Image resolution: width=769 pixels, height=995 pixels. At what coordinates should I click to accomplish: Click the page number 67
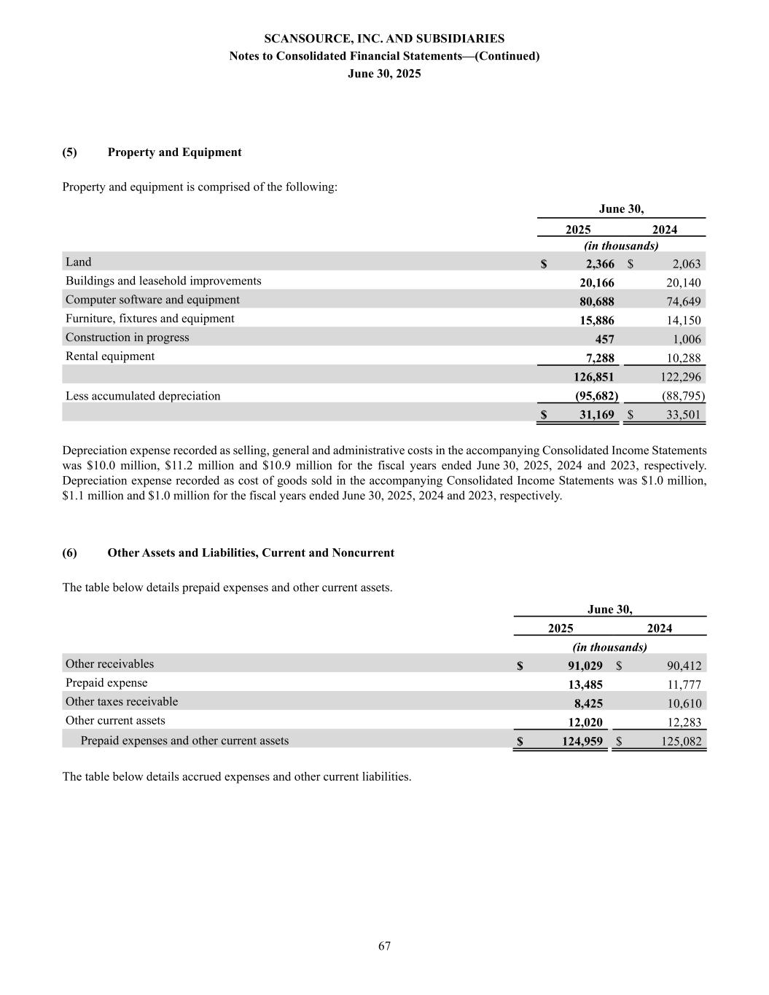coord(384,946)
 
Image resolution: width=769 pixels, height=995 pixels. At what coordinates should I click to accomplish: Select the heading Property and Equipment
coord(174,152)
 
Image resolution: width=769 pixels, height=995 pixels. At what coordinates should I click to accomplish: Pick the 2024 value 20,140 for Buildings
coord(683,283)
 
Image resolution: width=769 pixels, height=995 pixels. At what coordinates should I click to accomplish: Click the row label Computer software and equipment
coord(152,300)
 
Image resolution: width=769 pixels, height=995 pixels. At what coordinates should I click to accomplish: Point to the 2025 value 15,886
coord(596,321)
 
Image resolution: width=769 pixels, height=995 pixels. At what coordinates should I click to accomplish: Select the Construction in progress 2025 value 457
coord(604,340)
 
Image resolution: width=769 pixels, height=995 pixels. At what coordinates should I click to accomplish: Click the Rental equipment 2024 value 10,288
coord(683,359)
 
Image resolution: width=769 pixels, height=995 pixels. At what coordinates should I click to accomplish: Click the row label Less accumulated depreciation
coord(143,396)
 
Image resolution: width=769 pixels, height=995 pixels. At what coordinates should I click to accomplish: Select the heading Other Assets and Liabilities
coord(251,553)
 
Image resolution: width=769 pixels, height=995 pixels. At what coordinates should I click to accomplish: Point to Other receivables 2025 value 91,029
coord(585,666)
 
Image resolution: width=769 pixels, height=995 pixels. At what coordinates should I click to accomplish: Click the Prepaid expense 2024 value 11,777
coord(684,684)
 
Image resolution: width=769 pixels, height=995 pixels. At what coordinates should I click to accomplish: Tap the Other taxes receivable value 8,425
coord(588,703)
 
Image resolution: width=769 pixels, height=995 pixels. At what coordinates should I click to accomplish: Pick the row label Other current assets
coord(115,720)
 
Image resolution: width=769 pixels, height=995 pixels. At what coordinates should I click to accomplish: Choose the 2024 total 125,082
coord(678,742)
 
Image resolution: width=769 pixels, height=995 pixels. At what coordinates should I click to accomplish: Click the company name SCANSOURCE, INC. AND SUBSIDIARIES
coord(384,39)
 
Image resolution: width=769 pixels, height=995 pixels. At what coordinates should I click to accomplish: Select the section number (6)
coord(69,553)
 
